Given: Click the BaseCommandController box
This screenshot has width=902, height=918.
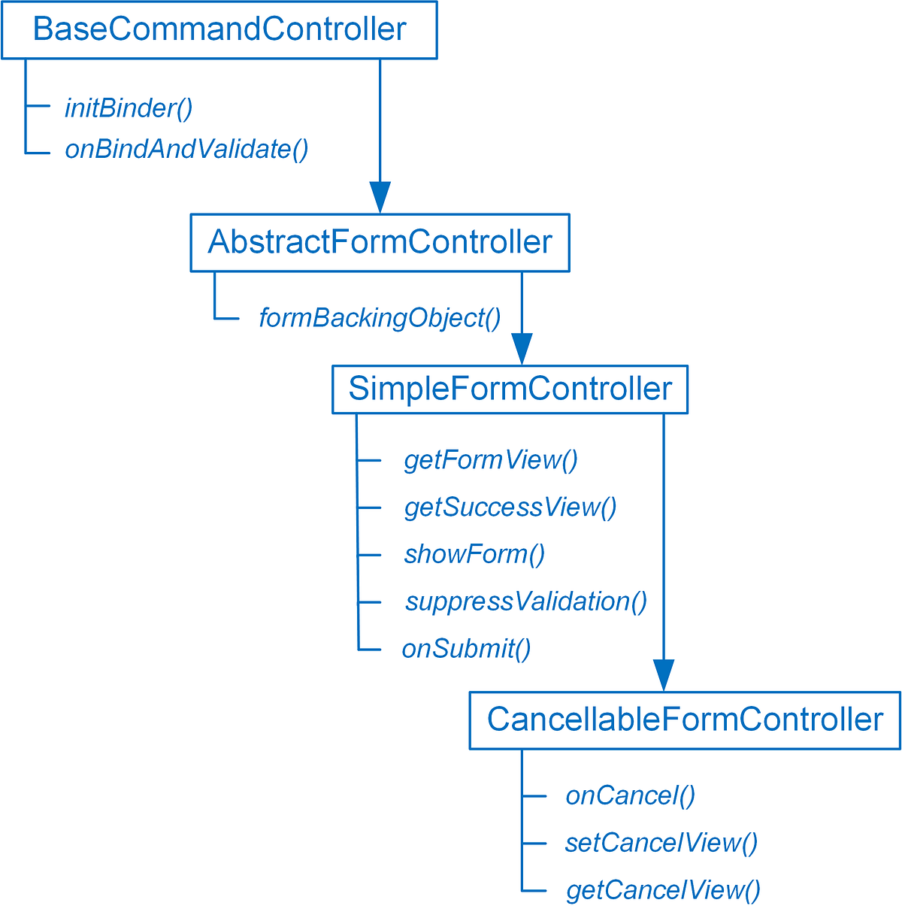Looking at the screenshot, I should [x=219, y=30].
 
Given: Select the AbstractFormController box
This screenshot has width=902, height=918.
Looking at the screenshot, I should [x=380, y=243].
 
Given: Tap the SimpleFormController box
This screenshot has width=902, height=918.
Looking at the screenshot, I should [x=510, y=389].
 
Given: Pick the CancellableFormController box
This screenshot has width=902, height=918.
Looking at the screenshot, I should [x=685, y=720].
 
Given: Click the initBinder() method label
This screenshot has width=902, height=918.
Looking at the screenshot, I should [x=129, y=108].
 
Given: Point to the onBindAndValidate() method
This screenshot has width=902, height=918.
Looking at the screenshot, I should [x=186, y=149].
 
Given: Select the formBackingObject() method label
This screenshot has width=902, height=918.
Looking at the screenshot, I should [x=380, y=318].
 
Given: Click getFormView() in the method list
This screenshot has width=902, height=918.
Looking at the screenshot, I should [x=491, y=459].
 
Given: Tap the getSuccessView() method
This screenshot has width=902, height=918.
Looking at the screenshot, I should [x=510, y=507].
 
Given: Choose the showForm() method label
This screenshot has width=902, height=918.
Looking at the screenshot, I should [x=474, y=555].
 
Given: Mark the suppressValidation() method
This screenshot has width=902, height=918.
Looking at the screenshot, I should [x=526, y=601].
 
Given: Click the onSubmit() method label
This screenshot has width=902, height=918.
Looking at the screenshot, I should [x=466, y=649].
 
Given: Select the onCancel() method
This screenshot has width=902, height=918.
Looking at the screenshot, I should [x=630, y=795].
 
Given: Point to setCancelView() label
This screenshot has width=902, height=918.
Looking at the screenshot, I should [x=661, y=843].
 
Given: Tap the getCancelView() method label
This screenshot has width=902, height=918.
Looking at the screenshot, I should [x=663, y=890].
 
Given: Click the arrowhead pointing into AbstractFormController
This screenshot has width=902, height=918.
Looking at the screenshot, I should [x=380, y=197].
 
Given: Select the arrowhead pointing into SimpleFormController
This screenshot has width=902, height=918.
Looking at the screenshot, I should [x=522, y=349].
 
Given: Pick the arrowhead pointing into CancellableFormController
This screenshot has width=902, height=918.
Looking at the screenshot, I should [x=664, y=674].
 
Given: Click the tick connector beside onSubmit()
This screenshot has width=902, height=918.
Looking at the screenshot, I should [x=370, y=650].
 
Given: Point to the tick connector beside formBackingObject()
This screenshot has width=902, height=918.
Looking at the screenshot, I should [x=226, y=318].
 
